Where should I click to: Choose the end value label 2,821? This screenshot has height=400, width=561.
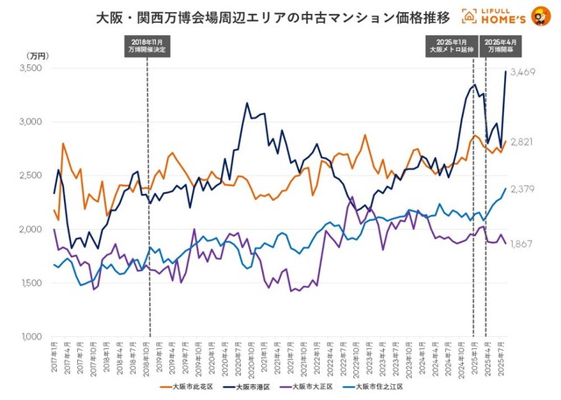(x=522, y=141)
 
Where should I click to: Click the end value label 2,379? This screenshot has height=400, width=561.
(x=522, y=189)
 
